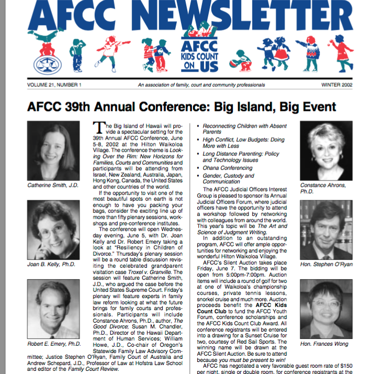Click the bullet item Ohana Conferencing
(x=228, y=168)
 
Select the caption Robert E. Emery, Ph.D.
(x=54, y=344)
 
